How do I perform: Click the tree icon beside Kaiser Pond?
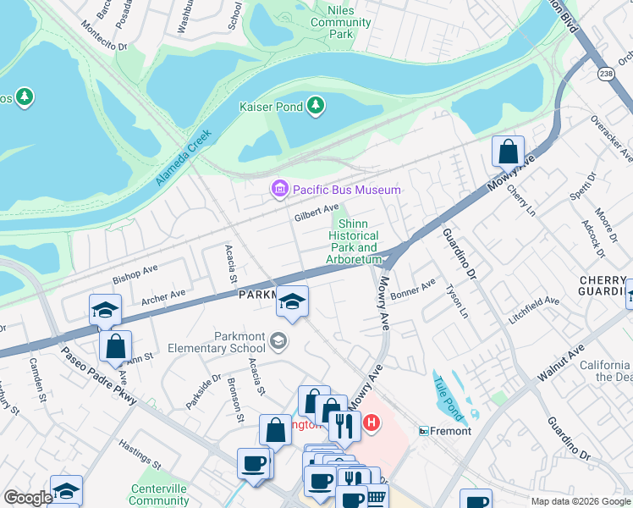tap(316, 105)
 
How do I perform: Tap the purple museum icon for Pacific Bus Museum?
tap(279, 190)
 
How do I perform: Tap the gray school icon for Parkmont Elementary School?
tap(277, 341)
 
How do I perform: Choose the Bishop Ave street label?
tap(136, 273)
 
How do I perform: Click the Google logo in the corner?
tap(28, 498)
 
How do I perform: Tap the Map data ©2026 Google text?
tap(580, 501)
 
